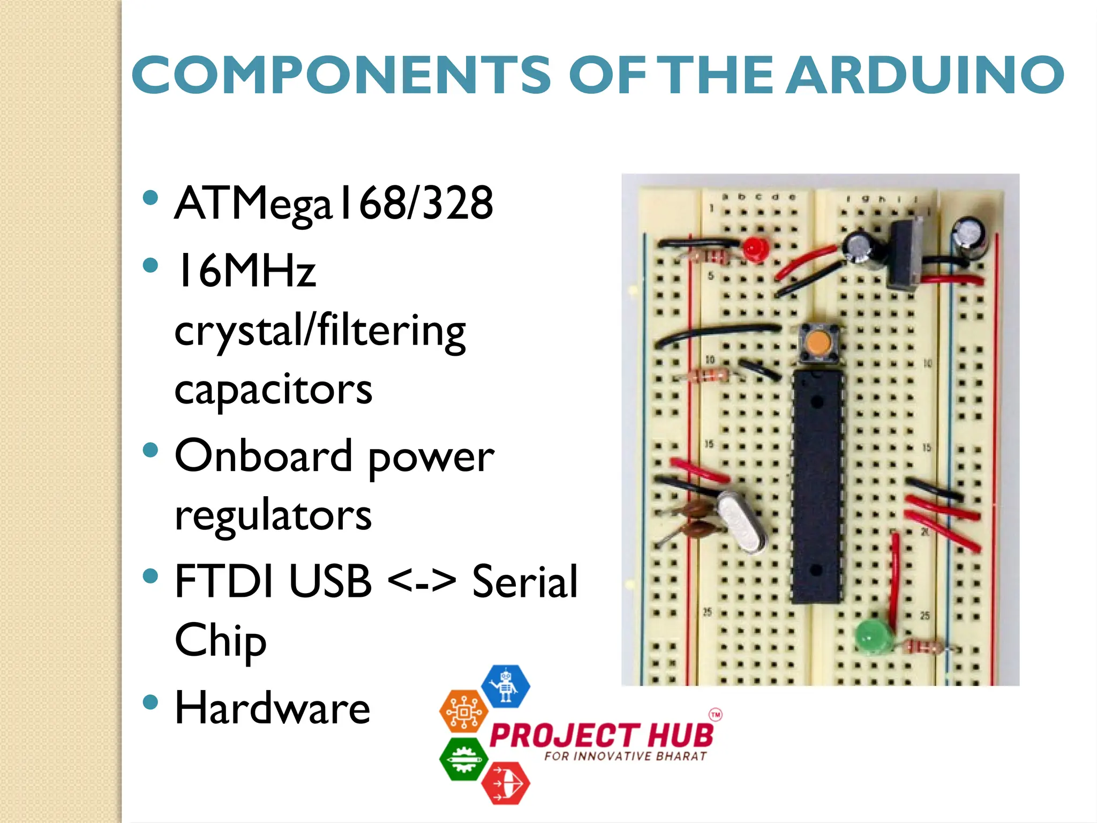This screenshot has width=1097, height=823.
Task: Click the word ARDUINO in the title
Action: pyautogui.click(x=925, y=75)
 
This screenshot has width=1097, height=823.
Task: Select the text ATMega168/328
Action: pyautogui.click(x=334, y=204)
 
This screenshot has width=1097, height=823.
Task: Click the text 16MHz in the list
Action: pyautogui.click(x=245, y=271)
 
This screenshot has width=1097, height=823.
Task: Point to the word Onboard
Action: pyautogui.click(x=264, y=456)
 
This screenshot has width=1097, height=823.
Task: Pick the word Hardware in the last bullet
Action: pyautogui.click(x=273, y=708)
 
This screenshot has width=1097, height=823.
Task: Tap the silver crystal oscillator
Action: pyautogui.click(x=742, y=522)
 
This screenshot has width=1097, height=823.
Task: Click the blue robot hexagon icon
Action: pyautogui.click(x=506, y=686)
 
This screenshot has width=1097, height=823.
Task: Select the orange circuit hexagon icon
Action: pyautogui.click(x=463, y=712)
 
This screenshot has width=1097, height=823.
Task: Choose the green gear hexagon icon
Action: pyautogui.click(x=463, y=759)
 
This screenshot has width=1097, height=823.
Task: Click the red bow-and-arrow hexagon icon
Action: pyautogui.click(x=505, y=783)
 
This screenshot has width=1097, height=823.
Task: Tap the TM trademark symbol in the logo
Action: pyautogui.click(x=716, y=715)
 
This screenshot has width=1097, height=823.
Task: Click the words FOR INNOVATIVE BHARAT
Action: pyautogui.click(x=625, y=756)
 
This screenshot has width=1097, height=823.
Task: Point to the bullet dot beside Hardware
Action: pyautogui.click(x=151, y=701)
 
